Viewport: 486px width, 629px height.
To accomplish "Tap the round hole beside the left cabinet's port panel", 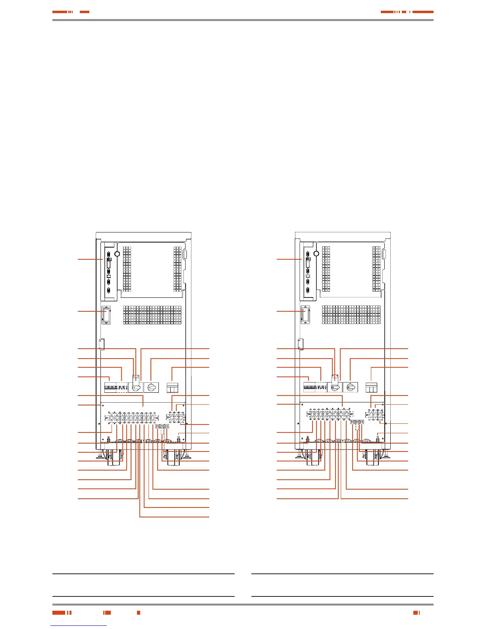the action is pos(117,253).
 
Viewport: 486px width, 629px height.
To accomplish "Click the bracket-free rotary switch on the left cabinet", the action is pos(151,386).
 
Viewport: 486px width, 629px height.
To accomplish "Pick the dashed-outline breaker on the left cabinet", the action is pos(122,387).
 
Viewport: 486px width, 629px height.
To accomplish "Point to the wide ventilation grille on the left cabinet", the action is pos(152,314).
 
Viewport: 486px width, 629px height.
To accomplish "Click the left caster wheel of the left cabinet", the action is pos(114,457).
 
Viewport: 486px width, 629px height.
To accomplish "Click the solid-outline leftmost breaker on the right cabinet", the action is pos(309,387).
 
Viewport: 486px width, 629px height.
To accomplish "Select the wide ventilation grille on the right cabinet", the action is pos(351,314).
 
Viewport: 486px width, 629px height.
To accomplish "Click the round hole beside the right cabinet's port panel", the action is pos(316,253).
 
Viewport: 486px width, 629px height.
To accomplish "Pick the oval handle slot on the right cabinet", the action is pos(384,255).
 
